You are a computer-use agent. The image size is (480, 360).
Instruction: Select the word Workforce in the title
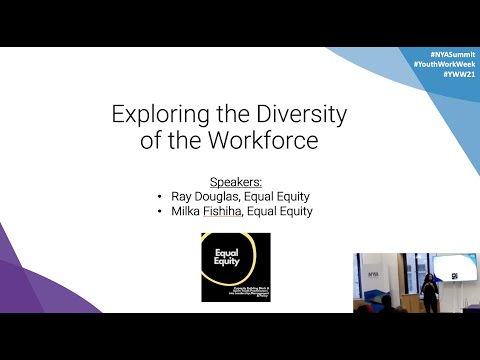click(267, 140)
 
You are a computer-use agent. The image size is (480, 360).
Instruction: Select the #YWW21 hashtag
click(456, 74)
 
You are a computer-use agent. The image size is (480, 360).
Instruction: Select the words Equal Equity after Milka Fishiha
click(288, 211)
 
